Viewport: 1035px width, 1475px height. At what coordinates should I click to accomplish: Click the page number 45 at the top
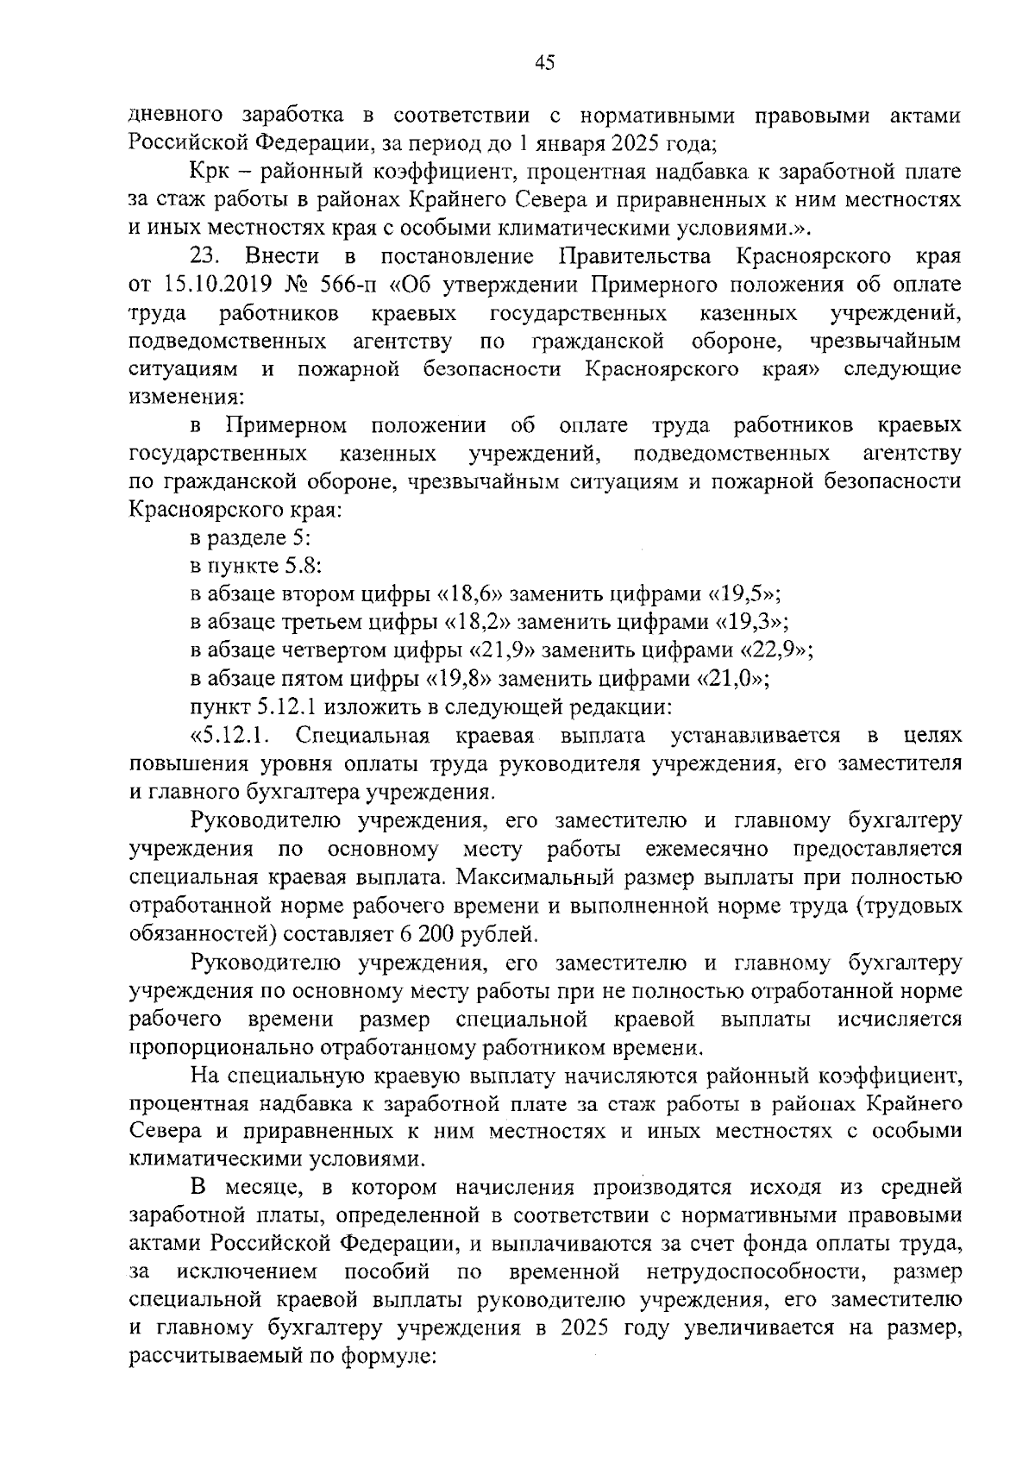[x=544, y=61]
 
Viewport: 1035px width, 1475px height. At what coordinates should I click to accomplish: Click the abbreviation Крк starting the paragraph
[x=210, y=172]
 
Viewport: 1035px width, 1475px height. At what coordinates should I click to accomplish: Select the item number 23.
[x=207, y=257]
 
